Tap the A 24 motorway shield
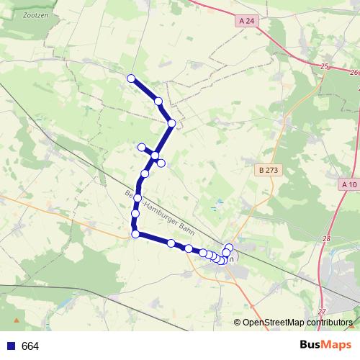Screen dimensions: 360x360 click(246, 22)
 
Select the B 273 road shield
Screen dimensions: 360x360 click(266, 171)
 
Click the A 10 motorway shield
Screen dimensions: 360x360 click(349, 184)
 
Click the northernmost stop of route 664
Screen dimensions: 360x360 click(131, 78)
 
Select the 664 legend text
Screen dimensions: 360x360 click(30, 346)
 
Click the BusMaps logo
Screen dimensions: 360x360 click(326, 346)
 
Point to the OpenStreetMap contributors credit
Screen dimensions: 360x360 click(297, 323)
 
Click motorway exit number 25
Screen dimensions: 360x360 click(325, 66)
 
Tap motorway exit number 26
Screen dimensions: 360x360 click(353, 72)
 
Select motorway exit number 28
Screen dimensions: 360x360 click(326, 238)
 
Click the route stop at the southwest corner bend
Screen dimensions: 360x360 click(135, 233)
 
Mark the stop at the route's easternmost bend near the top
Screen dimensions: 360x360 click(171, 124)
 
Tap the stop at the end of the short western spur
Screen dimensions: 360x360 click(142, 148)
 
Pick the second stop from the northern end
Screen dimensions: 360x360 click(158, 102)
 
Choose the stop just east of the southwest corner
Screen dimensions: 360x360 click(171, 243)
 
